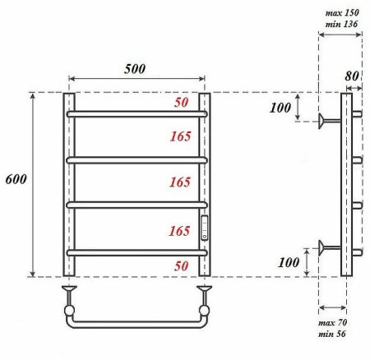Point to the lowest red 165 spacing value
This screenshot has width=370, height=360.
click(x=179, y=232)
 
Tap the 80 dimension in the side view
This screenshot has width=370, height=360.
click(x=354, y=76)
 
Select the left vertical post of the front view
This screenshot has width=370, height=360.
click(x=68, y=185)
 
